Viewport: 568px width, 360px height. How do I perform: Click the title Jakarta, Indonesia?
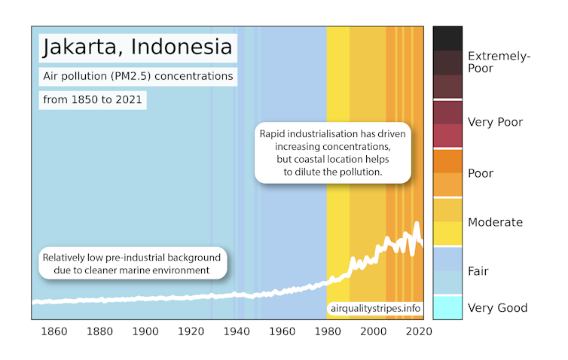[x=137, y=47]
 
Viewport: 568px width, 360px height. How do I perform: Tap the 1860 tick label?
[x=54, y=332]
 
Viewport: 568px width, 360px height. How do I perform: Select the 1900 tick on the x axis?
[x=145, y=332]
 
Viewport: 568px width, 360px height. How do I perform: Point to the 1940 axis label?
[x=237, y=332]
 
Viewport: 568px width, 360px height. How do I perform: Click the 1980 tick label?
[x=328, y=332]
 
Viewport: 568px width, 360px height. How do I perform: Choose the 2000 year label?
[x=373, y=332]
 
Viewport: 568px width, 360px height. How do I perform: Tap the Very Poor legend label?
[x=495, y=122]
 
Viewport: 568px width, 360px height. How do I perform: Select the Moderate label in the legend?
[x=495, y=222]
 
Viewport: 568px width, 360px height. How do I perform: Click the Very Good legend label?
[x=497, y=307]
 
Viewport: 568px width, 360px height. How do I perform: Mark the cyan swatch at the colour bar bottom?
[x=447, y=307]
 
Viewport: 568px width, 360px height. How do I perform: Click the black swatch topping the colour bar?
[x=447, y=37]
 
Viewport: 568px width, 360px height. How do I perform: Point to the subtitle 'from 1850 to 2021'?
[x=93, y=99]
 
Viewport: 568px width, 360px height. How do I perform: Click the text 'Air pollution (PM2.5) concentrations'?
[x=137, y=76]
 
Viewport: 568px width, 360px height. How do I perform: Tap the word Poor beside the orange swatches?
[x=481, y=173]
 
